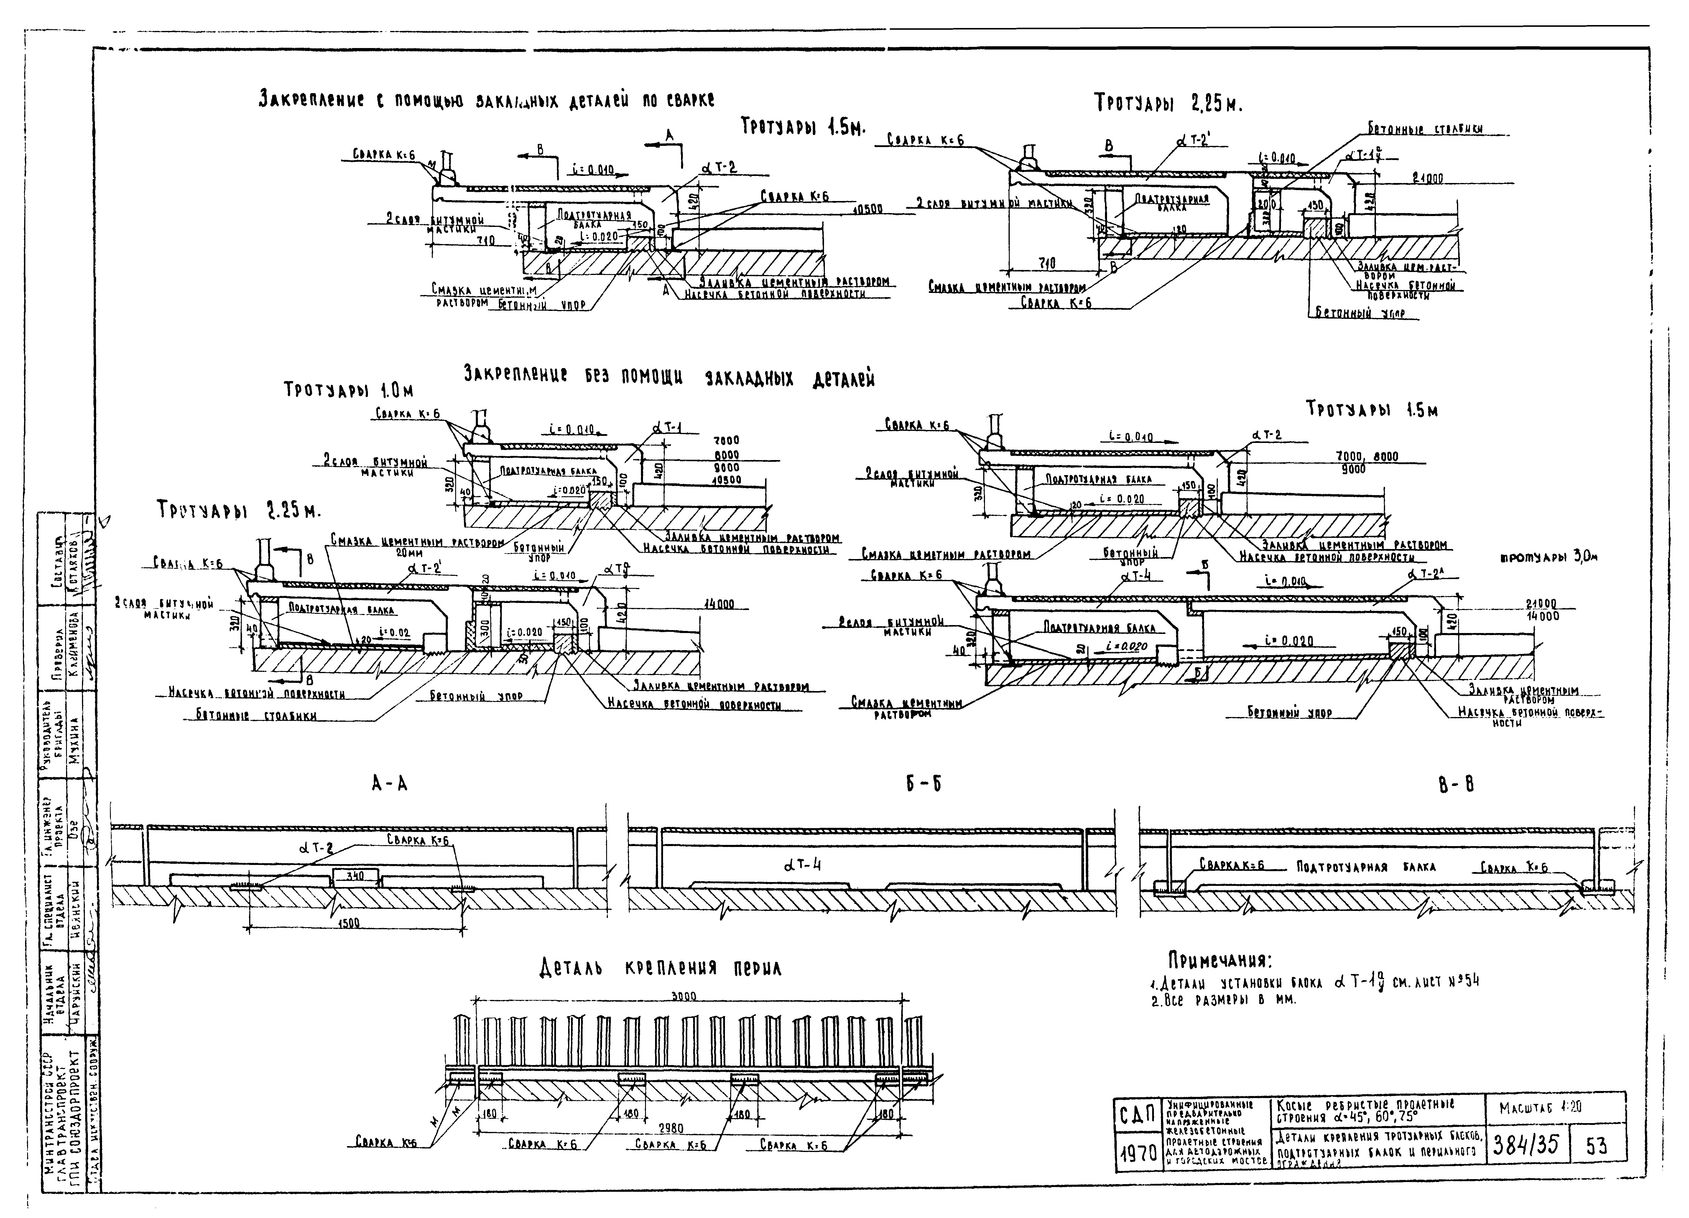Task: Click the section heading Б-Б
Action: (x=923, y=784)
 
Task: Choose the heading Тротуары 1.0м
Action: (x=348, y=390)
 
